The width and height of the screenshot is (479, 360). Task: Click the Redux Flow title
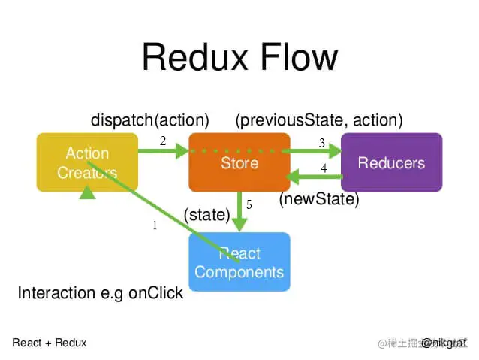click(239, 57)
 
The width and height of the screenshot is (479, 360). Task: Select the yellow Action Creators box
click(87, 162)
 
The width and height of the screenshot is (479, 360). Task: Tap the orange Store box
click(239, 162)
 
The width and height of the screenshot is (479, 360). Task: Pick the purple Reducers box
click(390, 162)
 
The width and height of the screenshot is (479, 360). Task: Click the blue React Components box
click(239, 262)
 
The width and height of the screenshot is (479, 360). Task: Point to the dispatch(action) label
click(150, 119)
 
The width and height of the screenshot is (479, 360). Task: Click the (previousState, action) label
click(319, 119)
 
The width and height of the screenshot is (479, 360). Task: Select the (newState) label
click(319, 199)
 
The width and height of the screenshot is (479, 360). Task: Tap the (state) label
click(206, 215)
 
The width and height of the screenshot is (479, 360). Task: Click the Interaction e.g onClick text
click(100, 293)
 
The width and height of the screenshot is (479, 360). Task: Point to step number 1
click(155, 225)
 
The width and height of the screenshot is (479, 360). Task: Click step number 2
click(162, 140)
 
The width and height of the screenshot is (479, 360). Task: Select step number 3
click(321, 143)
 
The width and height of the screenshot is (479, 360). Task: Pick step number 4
click(324, 168)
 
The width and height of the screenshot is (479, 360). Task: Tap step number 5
click(249, 204)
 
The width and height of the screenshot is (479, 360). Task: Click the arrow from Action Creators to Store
click(163, 151)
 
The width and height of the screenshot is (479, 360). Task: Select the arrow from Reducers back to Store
click(315, 178)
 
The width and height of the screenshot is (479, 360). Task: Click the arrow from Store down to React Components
click(239, 213)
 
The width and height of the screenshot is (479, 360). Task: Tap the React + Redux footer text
click(50, 343)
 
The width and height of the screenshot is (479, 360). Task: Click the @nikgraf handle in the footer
click(443, 343)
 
